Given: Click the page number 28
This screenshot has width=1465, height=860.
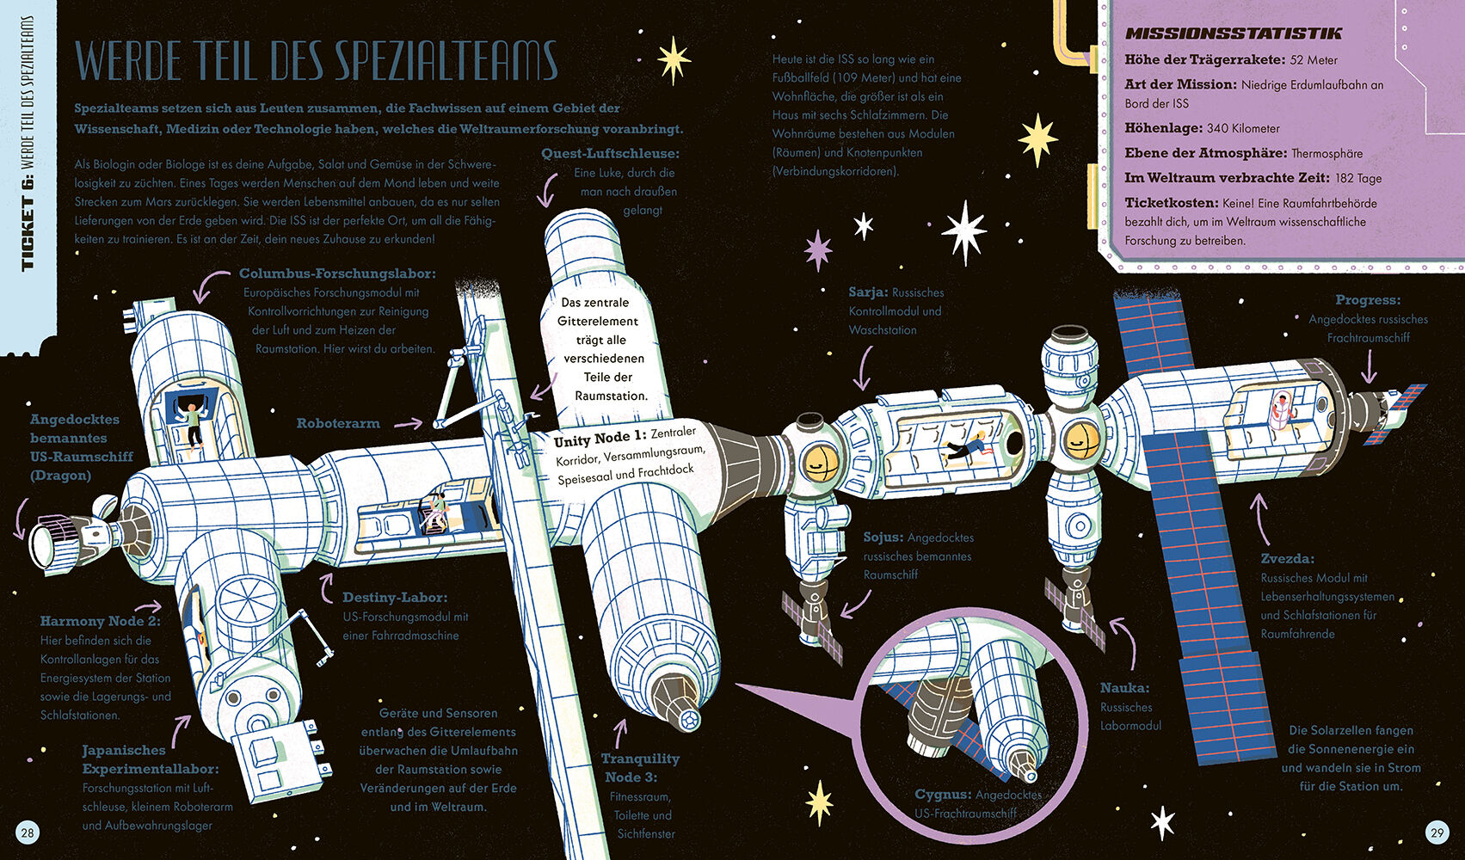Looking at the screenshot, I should pos(28,832).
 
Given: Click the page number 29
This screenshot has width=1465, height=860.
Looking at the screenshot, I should pos(1437,832).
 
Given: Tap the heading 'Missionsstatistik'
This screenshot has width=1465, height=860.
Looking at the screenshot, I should pos(1233,34).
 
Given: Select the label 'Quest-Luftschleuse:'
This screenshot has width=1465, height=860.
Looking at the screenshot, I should pos(610,154).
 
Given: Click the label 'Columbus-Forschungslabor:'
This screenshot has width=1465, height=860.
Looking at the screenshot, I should pos(337,274).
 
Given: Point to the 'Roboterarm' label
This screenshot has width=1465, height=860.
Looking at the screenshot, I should pos(338,424).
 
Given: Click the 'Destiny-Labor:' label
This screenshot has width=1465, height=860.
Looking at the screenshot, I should pos(395,598).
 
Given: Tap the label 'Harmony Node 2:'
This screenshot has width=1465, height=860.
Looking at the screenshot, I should pos(100,621).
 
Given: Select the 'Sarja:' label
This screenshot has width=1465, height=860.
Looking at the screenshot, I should pos(868,293).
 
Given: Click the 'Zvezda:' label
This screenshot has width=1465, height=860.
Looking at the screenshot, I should pos(1287,559).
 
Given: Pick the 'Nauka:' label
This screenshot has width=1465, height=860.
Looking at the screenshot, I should pos(1124,688).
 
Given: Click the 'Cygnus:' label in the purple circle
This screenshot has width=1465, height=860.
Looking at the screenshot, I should pos(943,795).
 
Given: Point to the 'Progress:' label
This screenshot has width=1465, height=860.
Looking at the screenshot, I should pos(1368,300).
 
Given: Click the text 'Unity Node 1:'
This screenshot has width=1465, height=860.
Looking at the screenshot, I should pos(600,440).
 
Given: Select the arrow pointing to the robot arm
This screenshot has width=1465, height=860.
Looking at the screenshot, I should pos(408,423).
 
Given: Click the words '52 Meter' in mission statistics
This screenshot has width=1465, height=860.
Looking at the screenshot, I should pos(1314,60).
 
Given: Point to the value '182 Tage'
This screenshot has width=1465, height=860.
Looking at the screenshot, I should pos(1358,178).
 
